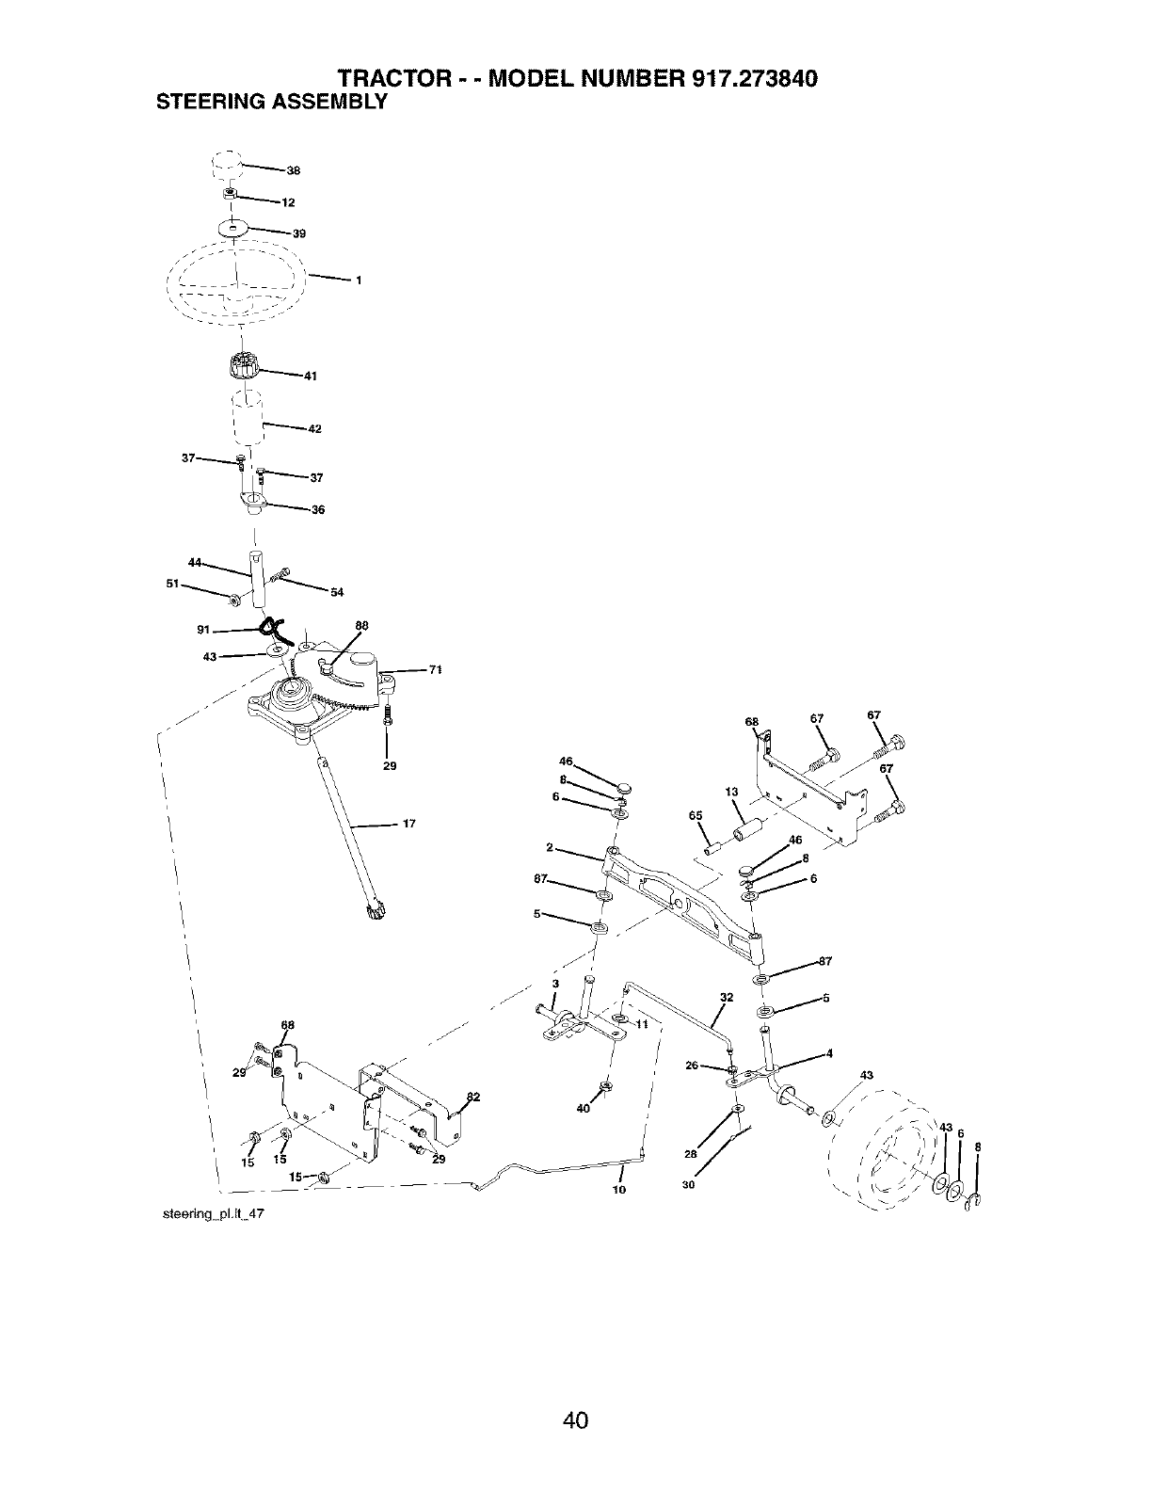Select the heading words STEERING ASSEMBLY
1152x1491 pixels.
271,101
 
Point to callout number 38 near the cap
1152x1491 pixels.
294,171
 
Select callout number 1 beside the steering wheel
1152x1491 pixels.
359,281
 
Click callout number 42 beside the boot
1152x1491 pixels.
315,429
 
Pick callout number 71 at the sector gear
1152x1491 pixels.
435,670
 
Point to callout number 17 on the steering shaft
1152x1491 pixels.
409,825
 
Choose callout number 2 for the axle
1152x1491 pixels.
548,846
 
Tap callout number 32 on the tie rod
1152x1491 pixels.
726,997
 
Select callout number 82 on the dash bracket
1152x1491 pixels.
473,1097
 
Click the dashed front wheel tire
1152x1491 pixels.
889,1150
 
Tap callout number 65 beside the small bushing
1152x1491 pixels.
696,816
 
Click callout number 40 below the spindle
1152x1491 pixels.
584,1109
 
